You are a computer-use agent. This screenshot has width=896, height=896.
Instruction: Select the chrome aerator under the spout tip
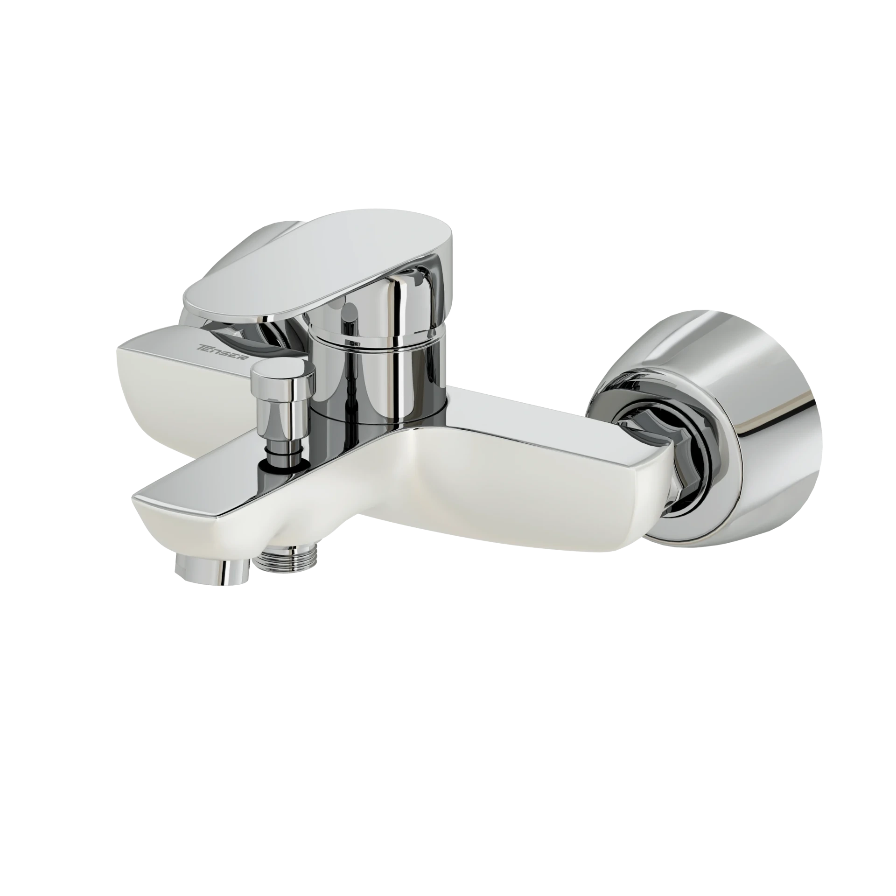[x=213, y=569]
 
